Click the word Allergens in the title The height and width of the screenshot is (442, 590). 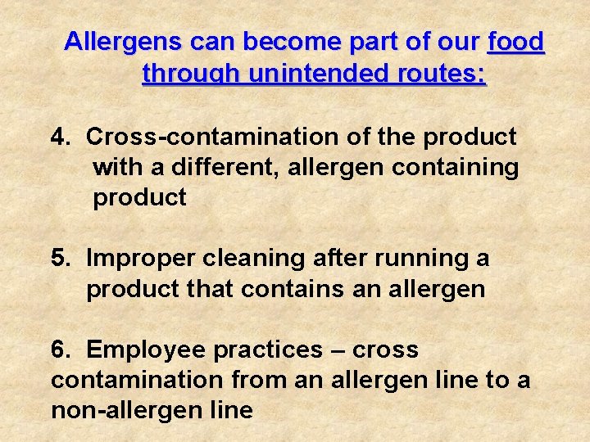pos(122,42)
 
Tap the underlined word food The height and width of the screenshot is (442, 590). pos(515,42)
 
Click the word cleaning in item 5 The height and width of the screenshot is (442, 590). pos(256,259)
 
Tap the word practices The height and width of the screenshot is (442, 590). pos(268,350)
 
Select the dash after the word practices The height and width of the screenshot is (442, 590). pos(340,350)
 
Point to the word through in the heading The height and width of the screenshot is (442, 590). pos(190,74)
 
